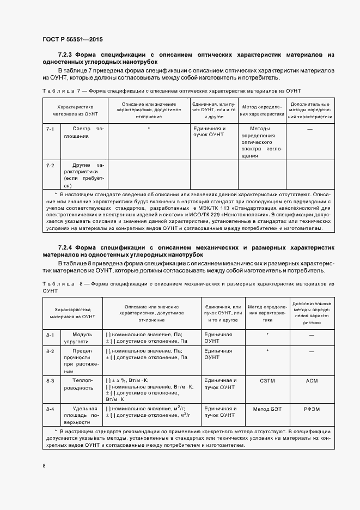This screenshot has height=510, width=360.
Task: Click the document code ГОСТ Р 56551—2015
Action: click(72, 40)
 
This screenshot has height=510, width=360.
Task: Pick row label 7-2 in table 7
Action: click(50, 165)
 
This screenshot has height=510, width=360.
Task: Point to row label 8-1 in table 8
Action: click(50, 335)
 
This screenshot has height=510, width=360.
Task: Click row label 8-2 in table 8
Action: click(50, 351)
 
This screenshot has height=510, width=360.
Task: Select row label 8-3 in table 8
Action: click(50, 380)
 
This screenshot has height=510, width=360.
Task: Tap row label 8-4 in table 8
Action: click(50, 408)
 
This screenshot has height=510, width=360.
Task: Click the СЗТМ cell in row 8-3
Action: click(266, 380)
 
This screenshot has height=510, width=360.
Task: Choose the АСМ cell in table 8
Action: click(312, 380)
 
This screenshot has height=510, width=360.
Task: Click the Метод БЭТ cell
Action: click(266, 408)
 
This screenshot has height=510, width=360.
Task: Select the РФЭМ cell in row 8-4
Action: click(312, 408)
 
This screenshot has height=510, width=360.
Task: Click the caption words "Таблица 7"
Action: click(60, 91)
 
